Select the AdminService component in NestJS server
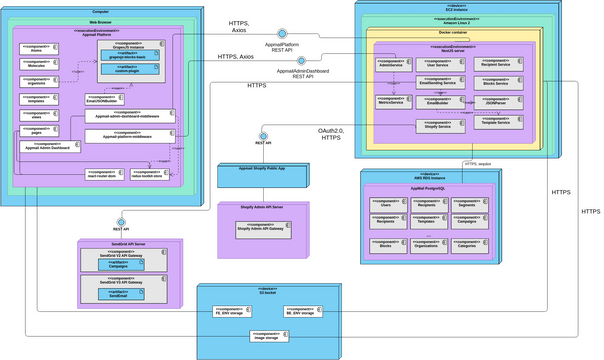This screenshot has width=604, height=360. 394,63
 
